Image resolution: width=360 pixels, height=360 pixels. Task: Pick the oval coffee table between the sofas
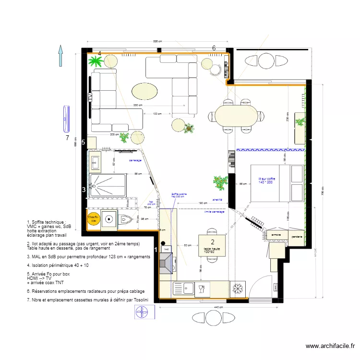(x=144, y=90)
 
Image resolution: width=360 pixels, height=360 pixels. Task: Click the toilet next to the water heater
(x=126, y=219)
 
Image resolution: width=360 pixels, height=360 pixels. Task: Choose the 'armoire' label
(x=276, y=235)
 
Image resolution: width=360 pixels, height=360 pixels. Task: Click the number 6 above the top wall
(x=214, y=48)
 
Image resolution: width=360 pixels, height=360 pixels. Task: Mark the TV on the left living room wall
(x=90, y=97)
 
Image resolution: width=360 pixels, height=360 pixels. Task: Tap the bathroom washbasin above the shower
(x=95, y=163)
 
